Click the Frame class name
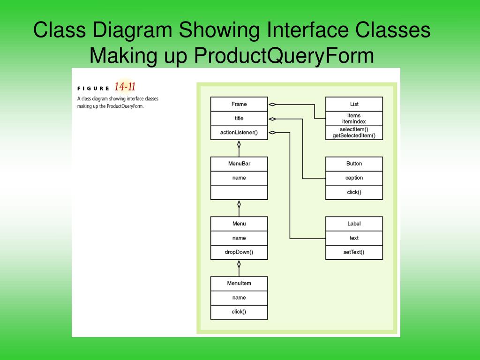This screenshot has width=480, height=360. coord(239,104)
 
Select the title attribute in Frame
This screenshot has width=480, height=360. coord(239,118)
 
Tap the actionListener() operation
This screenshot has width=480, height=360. coord(239,132)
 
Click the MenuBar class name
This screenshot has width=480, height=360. coord(239,164)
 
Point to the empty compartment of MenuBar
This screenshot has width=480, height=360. coord(239,192)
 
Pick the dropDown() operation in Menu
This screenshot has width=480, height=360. coord(239,252)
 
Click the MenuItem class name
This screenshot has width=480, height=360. coord(239,283)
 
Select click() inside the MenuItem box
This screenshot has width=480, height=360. coord(239,312)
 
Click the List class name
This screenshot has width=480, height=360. coord(354,104)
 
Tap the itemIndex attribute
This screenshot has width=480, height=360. coord(354,121)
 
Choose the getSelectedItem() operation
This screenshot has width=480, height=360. coord(354,135)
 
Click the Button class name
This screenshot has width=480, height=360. coord(354,164)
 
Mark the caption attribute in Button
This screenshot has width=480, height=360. coord(354,178)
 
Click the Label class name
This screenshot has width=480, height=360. coord(354,224)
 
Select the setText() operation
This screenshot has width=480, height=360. coord(354,252)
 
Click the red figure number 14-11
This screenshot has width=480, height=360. coord(125,86)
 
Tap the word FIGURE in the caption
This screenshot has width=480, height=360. coord(93,88)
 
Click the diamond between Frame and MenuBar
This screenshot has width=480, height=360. coord(239,144)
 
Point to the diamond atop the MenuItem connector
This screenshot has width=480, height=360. coord(239,264)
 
